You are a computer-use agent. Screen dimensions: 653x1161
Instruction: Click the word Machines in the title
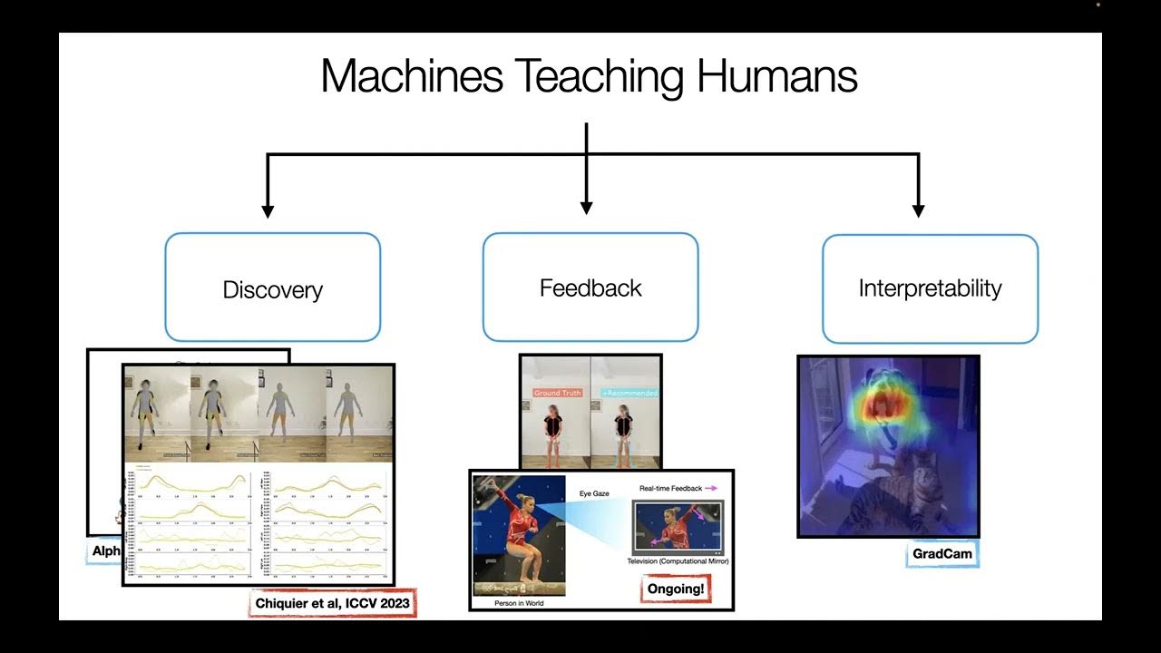pyautogui.click(x=412, y=76)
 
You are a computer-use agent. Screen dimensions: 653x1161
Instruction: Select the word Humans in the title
pyautogui.click(x=776, y=76)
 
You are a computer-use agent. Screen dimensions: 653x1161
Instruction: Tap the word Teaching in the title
pyautogui.click(x=600, y=76)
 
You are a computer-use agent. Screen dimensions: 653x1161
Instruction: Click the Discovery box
pyautogui.click(x=272, y=288)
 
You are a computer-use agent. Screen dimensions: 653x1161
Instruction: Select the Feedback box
pyautogui.click(x=590, y=288)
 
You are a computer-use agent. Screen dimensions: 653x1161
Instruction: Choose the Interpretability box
pyautogui.click(x=930, y=288)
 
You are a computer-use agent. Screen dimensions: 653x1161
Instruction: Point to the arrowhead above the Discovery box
pyautogui.click(x=268, y=210)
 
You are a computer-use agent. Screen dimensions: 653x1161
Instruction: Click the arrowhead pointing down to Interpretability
pyautogui.click(x=918, y=210)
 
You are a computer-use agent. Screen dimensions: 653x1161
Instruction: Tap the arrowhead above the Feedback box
pyautogui.click(x=586, y=208)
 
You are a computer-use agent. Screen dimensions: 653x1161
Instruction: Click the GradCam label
pyautogui.click(x=942, y=553)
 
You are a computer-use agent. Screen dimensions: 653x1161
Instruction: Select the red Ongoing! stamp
pyautogui.click(x=675, y=590)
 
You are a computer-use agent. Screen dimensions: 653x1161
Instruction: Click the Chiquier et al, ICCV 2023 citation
pyautogui.click(x=331, y=603)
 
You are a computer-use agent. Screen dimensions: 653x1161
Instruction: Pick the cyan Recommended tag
pyautogui.click(x=629, y=394)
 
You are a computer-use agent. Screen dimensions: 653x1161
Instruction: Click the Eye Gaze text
pyautogui.click(x=594, y=493)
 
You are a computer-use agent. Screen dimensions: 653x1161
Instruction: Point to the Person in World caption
pyautogui.click(x=519, y=603)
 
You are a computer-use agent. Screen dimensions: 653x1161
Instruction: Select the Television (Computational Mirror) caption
pyautogui.click(x=678, y=561)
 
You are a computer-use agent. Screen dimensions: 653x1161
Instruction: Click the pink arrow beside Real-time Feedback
pyautogui.click(x=711, y=488)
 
